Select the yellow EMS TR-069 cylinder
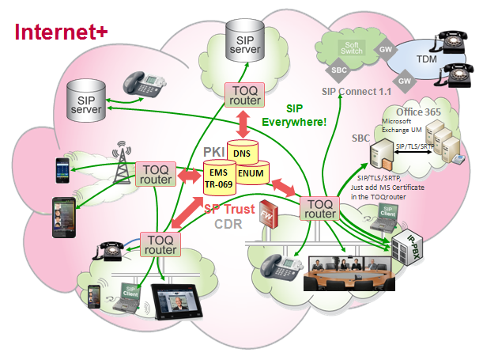(x=221, y=177)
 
